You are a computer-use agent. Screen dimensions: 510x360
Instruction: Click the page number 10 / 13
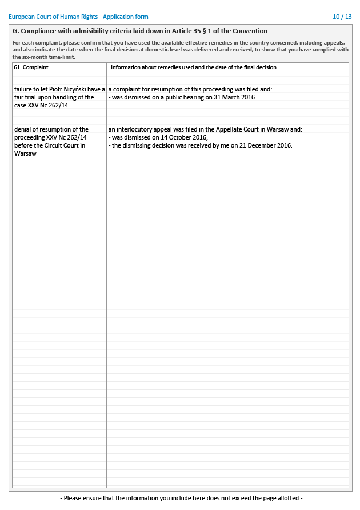tap(342, 17)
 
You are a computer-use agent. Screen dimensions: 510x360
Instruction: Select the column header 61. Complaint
tap(31, 67)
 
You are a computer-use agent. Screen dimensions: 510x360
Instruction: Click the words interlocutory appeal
tap(142, 129)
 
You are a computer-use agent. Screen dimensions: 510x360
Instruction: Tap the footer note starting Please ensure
tap(181, 498)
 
